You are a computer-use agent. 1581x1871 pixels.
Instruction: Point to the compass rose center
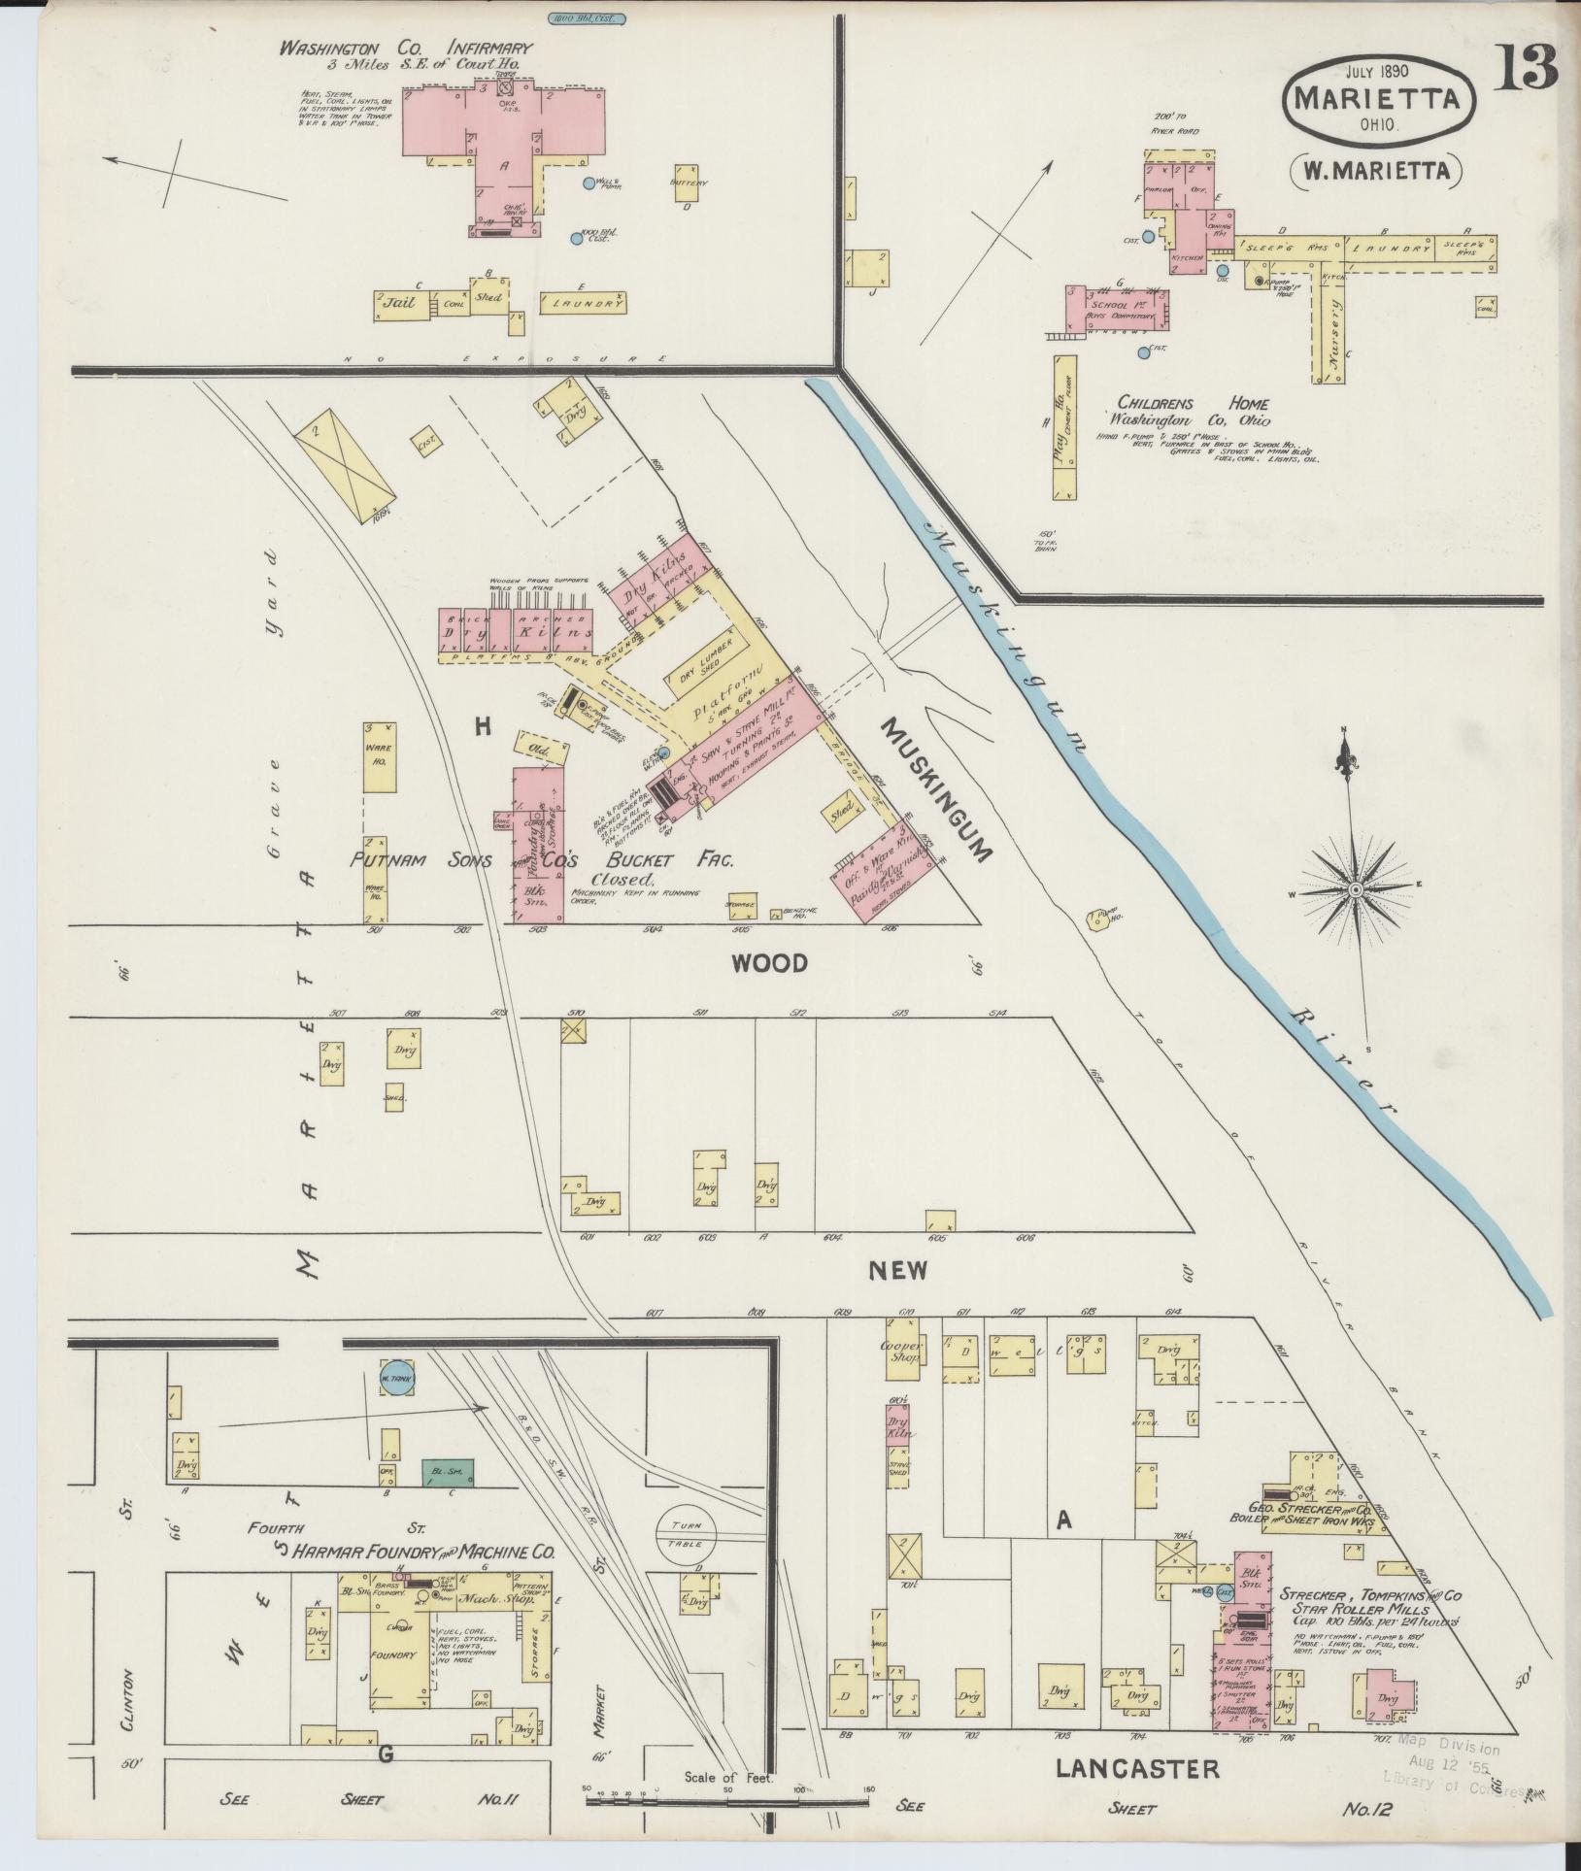click(1355, 888)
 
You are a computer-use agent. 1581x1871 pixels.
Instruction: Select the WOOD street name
click(769, 964)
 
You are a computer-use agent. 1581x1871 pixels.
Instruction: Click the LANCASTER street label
click(1137, 1768)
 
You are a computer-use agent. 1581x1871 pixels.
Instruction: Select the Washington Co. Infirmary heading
click(405, 48)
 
